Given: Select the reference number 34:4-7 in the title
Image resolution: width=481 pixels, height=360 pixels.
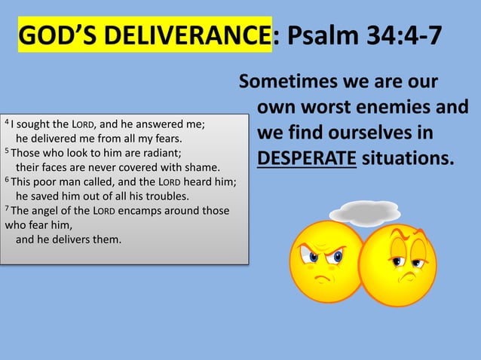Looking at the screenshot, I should (406, 35).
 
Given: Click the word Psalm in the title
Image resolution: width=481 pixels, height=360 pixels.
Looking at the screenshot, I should (325, 35).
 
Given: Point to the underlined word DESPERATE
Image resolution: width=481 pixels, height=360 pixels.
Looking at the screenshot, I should (306, 159).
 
